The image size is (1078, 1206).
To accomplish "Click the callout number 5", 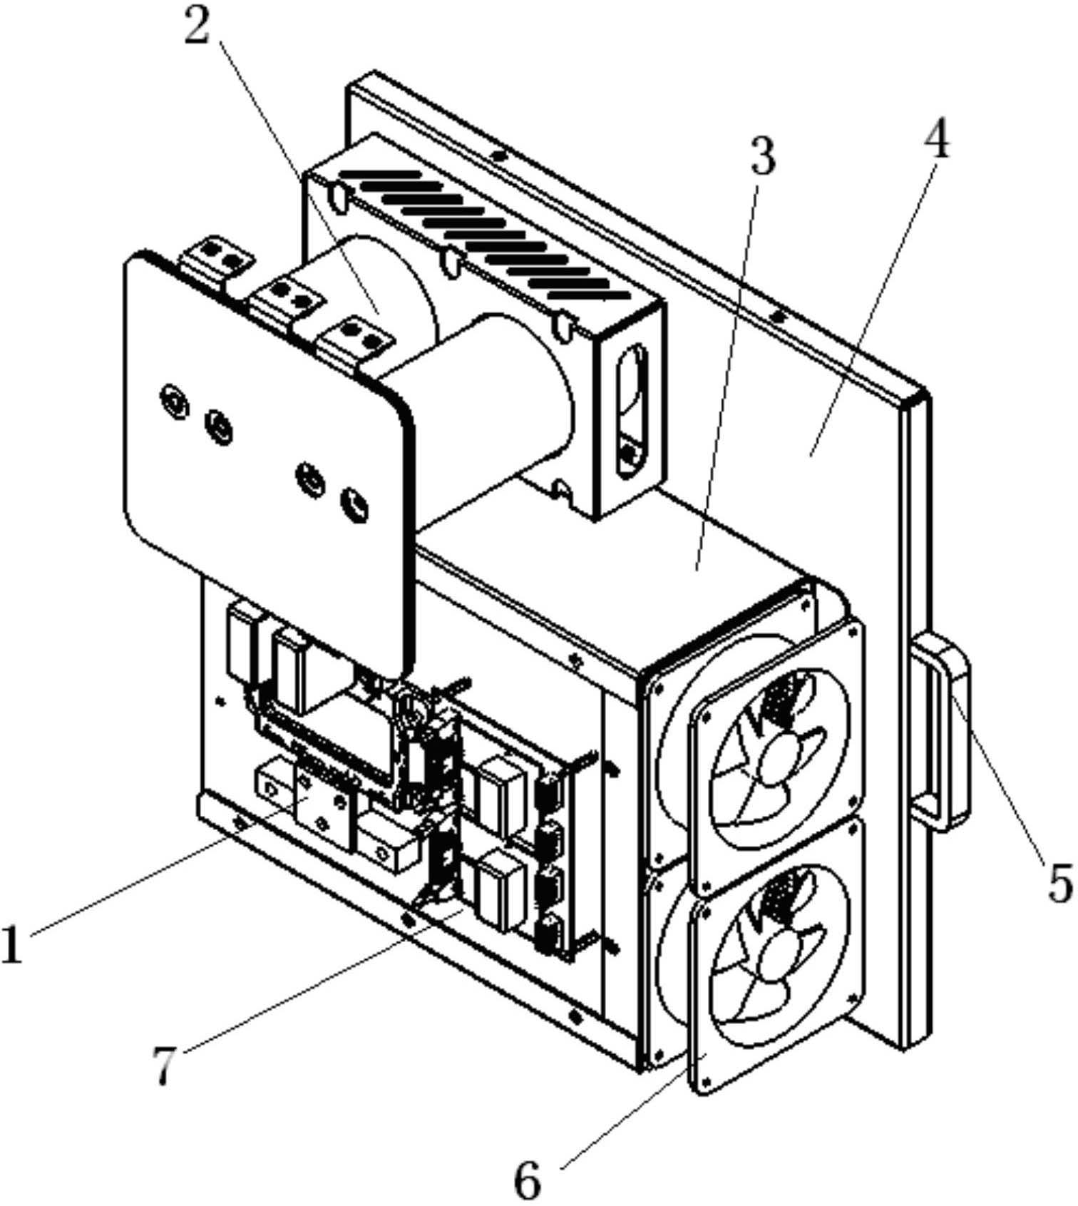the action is pos(1058,881).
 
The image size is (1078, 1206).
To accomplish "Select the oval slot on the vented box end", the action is pos(631,412).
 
